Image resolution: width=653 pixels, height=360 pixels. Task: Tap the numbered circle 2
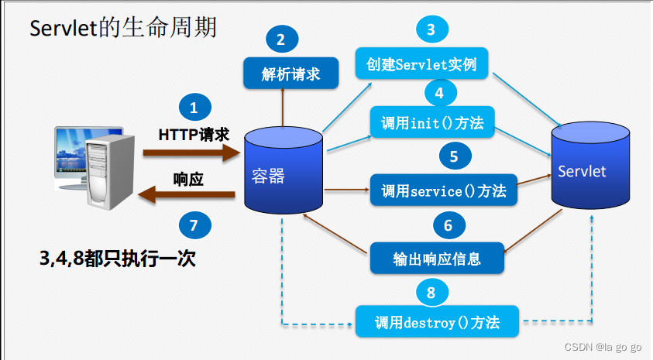pyautogui.click(x=280, y=39)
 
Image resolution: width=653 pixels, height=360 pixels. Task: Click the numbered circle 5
pyautogui.click(x=454, y=156)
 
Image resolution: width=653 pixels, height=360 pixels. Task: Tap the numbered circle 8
pyautogui.click(x=431, y=292)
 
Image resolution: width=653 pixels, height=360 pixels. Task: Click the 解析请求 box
pyautogui.click(x=290, y=74)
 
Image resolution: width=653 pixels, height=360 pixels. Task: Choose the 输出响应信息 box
pyautogui.click(x=437, y=259)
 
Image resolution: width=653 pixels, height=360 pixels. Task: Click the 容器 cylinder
pyautogui.click(x=284, y=174)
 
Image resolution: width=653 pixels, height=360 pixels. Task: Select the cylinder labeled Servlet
pyautogui.click(x=589, y=170)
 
